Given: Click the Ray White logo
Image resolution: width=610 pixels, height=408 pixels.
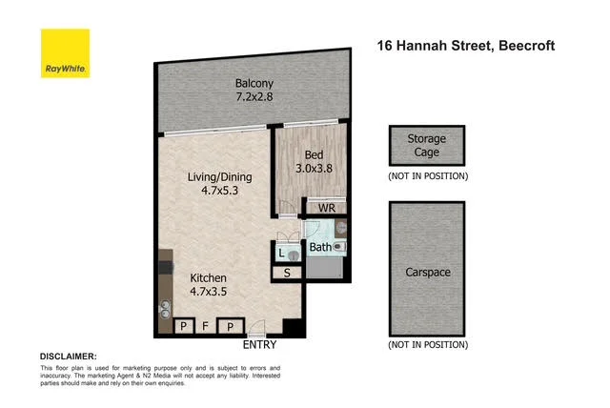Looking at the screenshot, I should coord(65,54).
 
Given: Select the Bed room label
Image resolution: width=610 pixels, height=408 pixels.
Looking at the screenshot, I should coord(315,155).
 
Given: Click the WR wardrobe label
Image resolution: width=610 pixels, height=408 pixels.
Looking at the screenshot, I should coord(325,206).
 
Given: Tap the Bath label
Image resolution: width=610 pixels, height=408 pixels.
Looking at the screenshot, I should coord(319,248).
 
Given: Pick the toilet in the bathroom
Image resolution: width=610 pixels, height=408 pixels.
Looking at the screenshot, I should coord(340,246).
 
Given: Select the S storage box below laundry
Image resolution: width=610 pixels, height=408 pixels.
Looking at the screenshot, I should coord(288,274).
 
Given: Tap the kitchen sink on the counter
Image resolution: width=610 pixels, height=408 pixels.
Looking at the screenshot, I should coord(164,308).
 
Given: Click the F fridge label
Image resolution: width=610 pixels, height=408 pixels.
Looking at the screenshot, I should coord(206,326).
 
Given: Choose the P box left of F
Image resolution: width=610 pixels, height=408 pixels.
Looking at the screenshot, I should coord(183,326).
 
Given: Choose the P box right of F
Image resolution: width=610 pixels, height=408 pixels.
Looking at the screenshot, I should coord(230,326).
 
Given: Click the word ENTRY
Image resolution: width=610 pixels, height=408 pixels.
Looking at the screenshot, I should coord(260,344).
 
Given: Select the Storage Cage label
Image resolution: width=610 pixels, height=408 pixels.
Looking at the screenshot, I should coord(426,145).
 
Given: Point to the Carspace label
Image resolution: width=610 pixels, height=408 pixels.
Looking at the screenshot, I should coord(427,272).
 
